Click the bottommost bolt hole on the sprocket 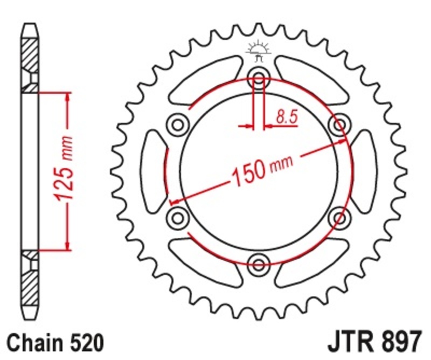(259, 264)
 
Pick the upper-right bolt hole (339, 125)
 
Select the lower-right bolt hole (339, 217)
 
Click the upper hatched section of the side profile (30, 54)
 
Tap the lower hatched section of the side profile (30, 288)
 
